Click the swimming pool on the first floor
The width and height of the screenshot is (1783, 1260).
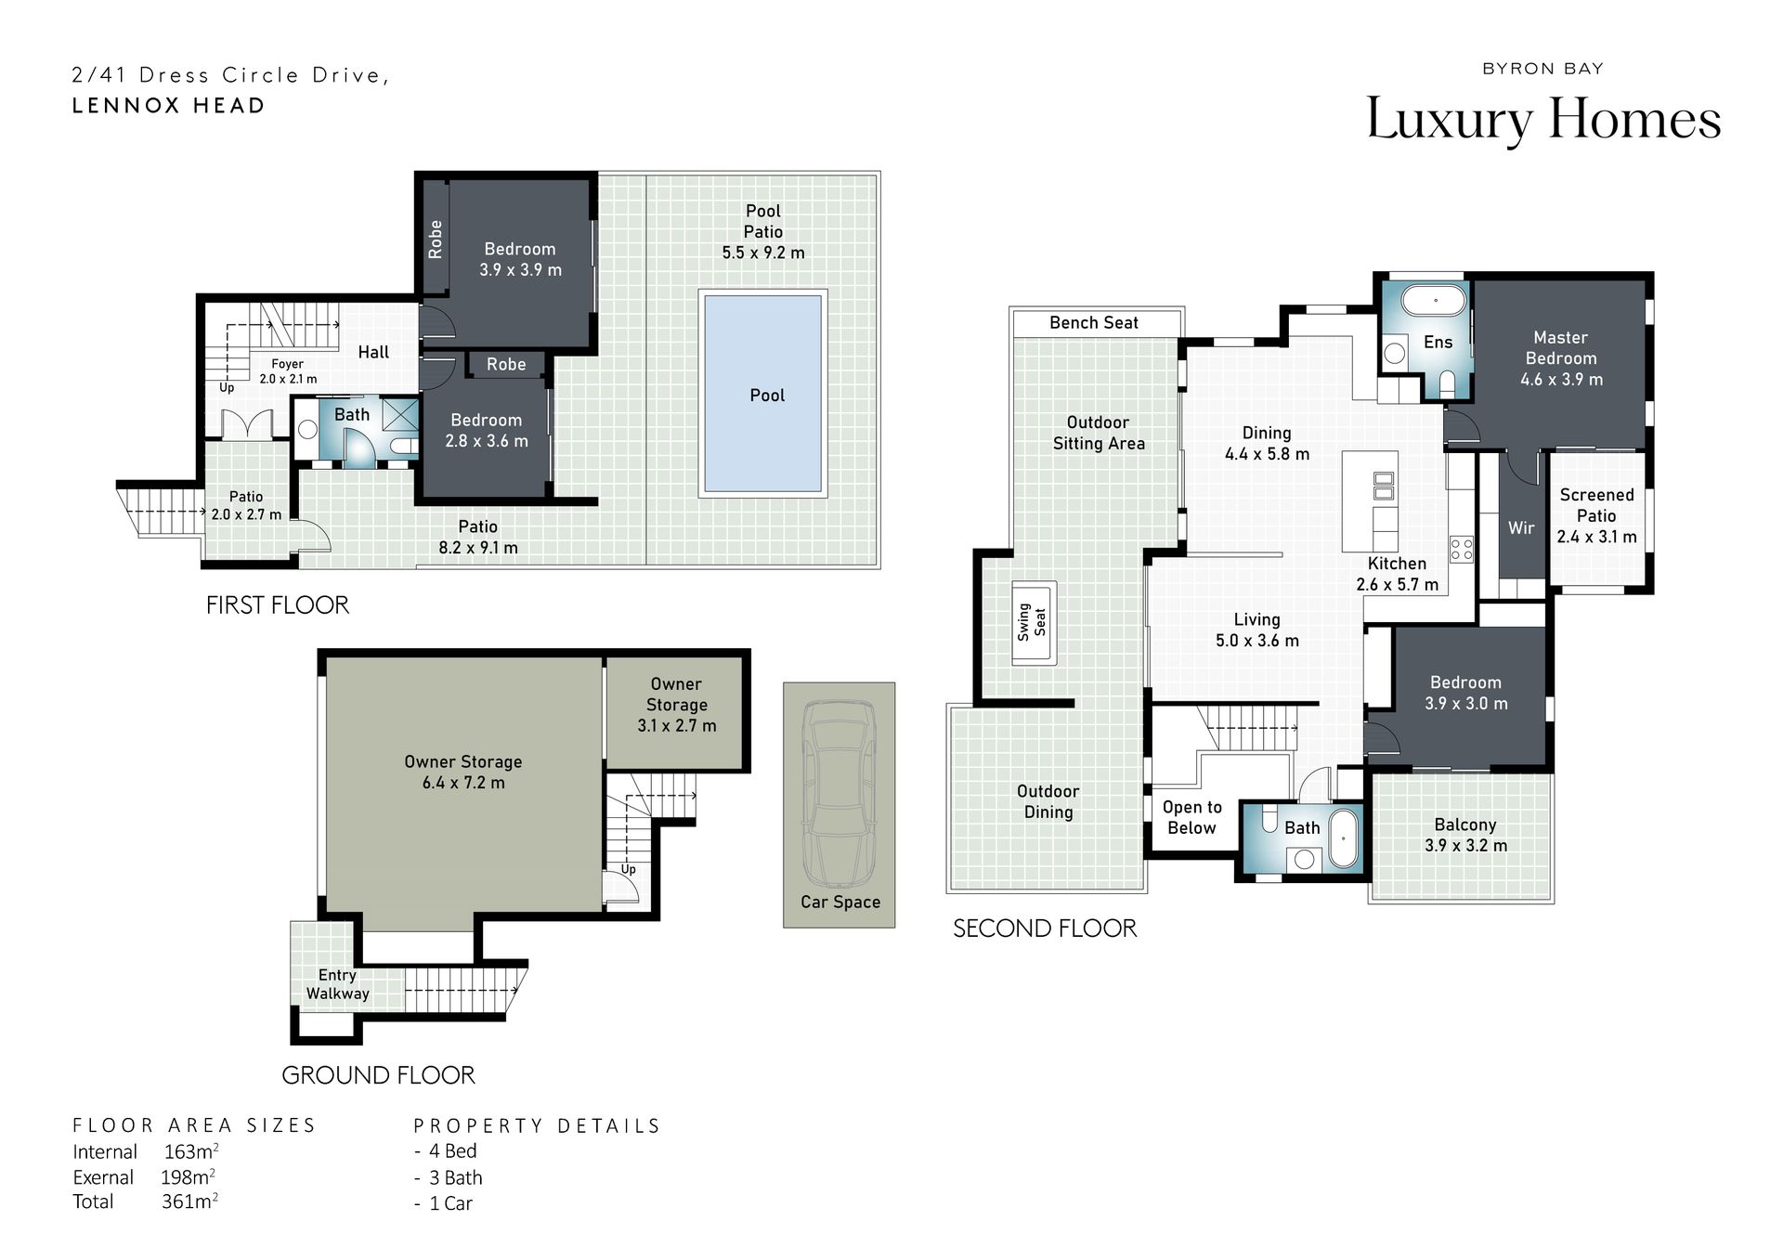(762, 394)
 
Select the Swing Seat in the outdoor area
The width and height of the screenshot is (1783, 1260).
(1033, 622)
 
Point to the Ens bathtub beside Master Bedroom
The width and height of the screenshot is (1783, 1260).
(1433, 301)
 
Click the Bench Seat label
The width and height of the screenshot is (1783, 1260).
(1094, 323)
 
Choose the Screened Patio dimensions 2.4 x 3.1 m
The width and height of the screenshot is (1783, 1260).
(1596, 537)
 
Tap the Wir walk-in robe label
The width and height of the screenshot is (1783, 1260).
(1521, 527)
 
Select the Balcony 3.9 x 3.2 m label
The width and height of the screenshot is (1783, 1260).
(1465, 835)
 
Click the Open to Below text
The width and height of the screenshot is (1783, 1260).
(1191, 817)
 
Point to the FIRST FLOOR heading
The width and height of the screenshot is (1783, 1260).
(278, 605)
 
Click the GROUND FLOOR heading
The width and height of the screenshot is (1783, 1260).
(378, 1075)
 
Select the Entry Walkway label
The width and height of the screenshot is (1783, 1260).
(337, 984)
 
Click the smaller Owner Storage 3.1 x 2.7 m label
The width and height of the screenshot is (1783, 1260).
(676, 705)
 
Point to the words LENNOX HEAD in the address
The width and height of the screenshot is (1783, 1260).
(169, 106)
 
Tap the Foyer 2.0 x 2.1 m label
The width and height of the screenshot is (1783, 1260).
(288, 371)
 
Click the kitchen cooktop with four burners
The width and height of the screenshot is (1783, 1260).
(1461, 549)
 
